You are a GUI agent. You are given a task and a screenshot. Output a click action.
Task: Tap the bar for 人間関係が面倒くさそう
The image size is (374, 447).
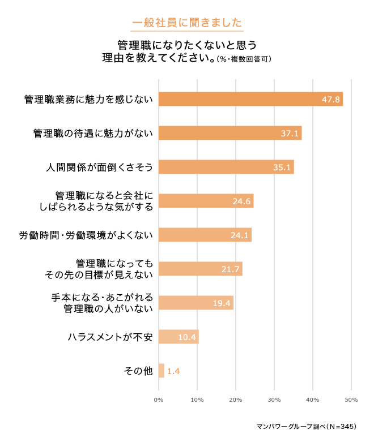(x=226, y=167)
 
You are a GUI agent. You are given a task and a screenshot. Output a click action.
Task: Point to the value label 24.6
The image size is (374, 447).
(x=241, y=201)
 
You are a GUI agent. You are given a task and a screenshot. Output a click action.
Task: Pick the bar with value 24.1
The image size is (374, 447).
(x=205, y=235)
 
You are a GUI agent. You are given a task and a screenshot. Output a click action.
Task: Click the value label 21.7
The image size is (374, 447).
(x=231, y=269)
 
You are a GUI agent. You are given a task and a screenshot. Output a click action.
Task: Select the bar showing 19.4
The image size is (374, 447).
(x=195, y=303)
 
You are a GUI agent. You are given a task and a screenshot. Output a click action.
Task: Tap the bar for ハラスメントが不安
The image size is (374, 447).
(x=178, y=337)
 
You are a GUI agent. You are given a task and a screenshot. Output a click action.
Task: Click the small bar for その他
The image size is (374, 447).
(x=161, y=371)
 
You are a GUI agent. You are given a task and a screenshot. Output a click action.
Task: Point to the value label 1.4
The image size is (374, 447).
(x=173, y=371)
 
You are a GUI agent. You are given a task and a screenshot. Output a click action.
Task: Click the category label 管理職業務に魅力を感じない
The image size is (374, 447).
(x=88, y=100)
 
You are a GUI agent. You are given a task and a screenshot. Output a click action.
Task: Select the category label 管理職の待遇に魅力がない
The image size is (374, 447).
(x=93, y=134)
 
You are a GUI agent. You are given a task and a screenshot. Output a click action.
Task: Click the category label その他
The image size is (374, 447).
(x=138, y=371)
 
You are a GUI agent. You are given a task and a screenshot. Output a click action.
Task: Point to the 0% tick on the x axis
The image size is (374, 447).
(x=159, y=400)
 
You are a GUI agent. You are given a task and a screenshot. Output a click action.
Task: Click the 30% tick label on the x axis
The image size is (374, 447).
(x=274, y=400)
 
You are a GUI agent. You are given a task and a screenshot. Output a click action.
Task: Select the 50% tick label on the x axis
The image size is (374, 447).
(x=351, y=400)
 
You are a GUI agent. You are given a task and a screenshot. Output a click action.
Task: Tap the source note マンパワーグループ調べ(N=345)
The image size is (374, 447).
(x=306, y=426)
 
